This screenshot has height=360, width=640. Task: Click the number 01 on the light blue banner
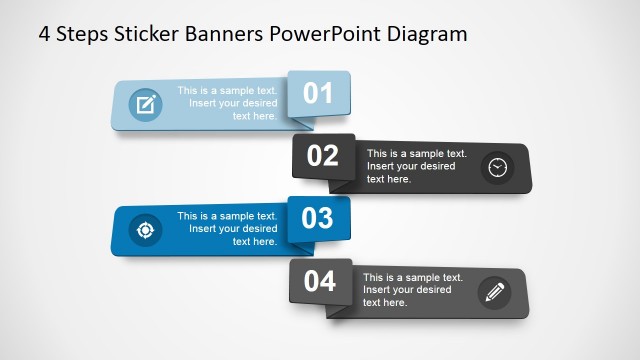(318, 93)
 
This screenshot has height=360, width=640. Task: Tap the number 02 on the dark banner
(323, 156)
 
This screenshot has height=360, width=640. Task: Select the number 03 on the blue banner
(318, 219)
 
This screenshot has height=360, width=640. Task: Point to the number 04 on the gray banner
(320, 282)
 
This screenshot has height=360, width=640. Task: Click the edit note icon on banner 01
(145, 104)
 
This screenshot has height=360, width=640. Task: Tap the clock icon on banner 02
(497, 167)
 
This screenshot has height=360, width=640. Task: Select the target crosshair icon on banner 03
(145, 230)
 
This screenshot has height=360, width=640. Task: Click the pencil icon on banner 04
(495, 292)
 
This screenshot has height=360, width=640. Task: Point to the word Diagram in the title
(428, 35)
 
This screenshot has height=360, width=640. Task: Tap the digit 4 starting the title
(44, 35)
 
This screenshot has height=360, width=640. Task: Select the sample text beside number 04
(412, 290)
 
